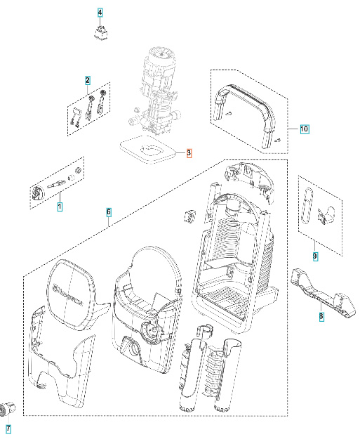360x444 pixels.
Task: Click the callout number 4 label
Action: point(100,13)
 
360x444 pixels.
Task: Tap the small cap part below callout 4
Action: point(102,32)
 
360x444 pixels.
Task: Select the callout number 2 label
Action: point(88,80)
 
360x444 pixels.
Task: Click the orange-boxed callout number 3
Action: point(188,152)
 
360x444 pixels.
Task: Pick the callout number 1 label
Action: point(60,207)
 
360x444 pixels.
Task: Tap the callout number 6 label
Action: point(109,211)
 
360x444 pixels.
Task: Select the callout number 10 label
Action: point(304,129)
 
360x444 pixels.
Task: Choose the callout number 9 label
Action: point(314,256)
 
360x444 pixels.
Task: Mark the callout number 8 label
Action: point(321,318)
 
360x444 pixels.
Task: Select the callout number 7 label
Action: point(8,429)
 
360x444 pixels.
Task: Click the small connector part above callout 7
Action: point(8,405)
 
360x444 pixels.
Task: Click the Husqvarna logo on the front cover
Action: point(75,288)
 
